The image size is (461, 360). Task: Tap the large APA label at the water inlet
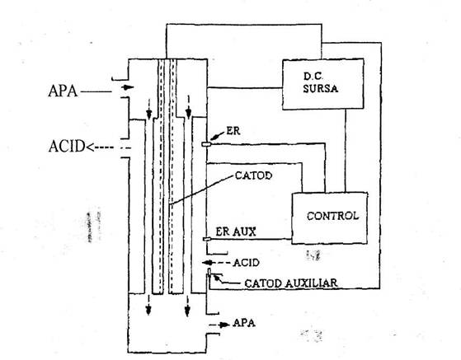[x=63, y=91]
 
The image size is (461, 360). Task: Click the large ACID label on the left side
[x=67, y=147]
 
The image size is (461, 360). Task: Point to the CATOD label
[x=253, y=175]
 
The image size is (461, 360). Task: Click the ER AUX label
[x=236, y=231]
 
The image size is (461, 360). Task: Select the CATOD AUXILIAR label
[x=291, y=283]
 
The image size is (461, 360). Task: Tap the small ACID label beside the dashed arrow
[x=246, y=263]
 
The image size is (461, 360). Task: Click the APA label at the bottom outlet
[x=244, y=323]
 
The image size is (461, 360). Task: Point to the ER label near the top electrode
[x=233, y=131]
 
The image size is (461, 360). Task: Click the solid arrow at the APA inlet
[x=128, y=87]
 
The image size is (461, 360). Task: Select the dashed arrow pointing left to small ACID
[x=216, y=263]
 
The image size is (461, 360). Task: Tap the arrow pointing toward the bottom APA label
[x=219, y=325]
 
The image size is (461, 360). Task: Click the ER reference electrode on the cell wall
[x=206, y=144]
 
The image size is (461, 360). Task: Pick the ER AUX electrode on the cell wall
[x=207, y=240]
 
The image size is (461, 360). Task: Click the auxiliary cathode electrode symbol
[x=209, y=273]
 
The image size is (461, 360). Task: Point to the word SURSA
[x=321, y=88]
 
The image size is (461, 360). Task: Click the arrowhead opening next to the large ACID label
[x=89, y=147]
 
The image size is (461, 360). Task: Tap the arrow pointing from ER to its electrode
[x=218, y=136]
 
